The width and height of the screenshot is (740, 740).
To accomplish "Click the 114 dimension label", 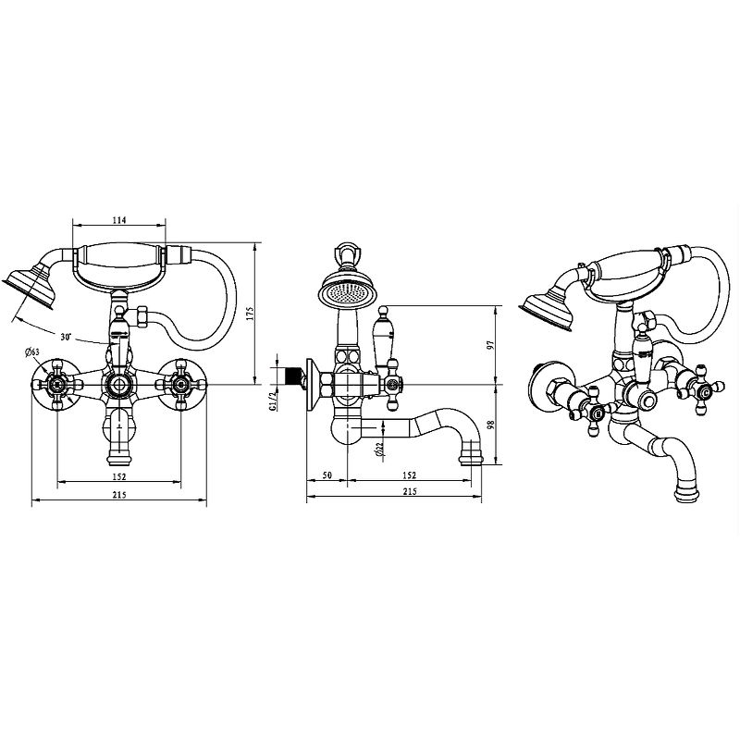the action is click(120, 220).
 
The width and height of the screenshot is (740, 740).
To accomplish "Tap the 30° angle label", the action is click(66, 337).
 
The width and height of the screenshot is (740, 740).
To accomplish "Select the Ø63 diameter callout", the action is click(31, 351).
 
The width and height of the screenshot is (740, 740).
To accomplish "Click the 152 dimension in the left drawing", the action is click(119, 476).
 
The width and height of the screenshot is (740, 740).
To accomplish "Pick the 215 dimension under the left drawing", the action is click(119, 495).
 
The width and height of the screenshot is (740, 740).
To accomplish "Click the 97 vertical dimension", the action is click(490, 345).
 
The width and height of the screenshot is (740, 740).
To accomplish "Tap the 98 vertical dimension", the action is click(490, 424).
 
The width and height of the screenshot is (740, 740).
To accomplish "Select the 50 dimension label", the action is click(327, 475).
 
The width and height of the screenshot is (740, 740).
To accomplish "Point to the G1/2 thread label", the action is click(273, 401).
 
